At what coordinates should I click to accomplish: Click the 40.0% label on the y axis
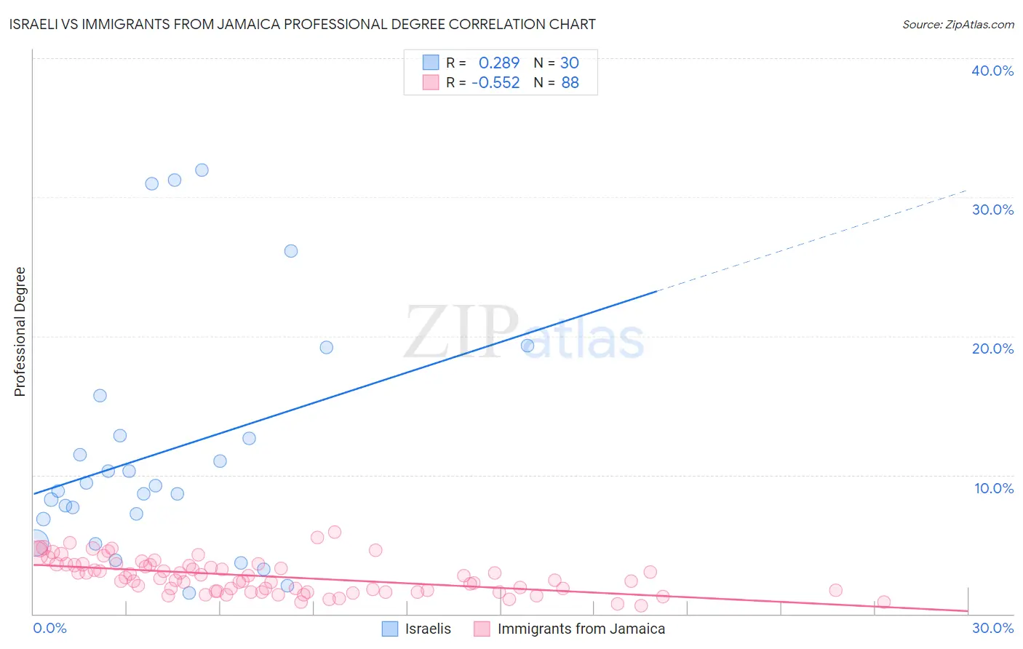coord(992,71)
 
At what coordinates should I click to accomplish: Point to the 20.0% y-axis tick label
coord(992,349)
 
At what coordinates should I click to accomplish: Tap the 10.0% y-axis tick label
coord(993,488)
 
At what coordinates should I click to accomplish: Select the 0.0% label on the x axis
coord(50,628)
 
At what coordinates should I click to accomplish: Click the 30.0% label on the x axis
coord(992,628)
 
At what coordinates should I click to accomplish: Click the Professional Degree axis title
coord(20,332)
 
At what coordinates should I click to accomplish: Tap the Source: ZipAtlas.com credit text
coord(958,24)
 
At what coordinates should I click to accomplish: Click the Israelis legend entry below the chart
coord(428,629)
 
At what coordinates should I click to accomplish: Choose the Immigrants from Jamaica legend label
coord(581,629)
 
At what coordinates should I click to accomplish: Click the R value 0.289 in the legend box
coord(498,63)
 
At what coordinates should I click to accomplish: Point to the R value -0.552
coord(495,82)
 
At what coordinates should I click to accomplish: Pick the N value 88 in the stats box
coord(570,82)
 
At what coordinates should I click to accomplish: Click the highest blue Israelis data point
coord(202,170)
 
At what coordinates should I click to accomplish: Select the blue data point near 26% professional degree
coord(291,251)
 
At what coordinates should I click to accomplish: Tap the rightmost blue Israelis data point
coord(528,346)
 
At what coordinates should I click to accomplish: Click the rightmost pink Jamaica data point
coord(883,602)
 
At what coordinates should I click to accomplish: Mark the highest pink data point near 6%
coord(335,532)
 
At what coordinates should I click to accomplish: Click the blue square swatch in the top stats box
coord(431,63)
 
